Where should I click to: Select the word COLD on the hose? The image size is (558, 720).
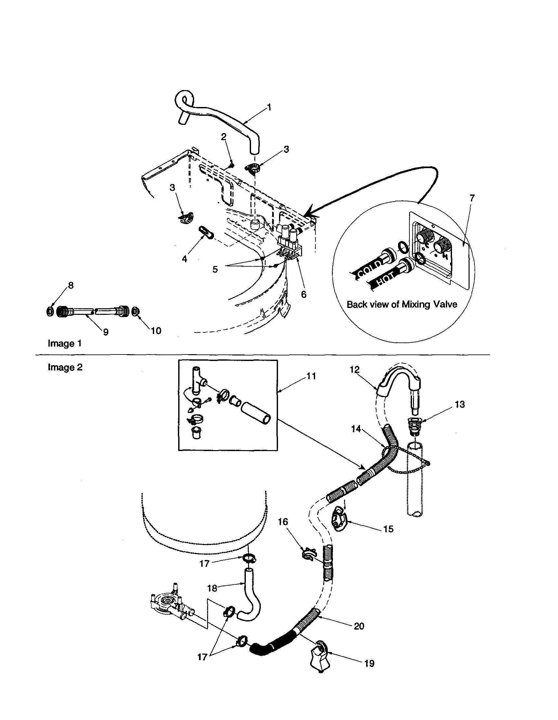pyautogui.click(x=369, y=268)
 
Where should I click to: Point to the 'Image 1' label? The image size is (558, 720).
pyautogui.click(x=65, y=343)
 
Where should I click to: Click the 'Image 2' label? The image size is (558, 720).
pyautogui.click(x=65, y=367)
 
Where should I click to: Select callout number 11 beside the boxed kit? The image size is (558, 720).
pyautogui.click(x=311, y=376)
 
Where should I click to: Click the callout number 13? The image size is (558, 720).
pyautogui.click(x=459, y=404)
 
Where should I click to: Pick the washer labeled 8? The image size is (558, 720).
pyautogui.click(x=49, y=311)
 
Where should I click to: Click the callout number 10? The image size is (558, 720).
pyautogui.click(x=156, y=331)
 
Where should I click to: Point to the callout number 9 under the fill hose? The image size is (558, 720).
pyautogui.click(x=106, y=332)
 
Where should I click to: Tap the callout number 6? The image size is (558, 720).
pyautogui.click(x=304, y=294)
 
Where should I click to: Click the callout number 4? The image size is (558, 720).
pyautogui.click(x=185, y=259)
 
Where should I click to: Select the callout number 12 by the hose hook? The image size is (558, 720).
pyautogui.click(x=354, y=369)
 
